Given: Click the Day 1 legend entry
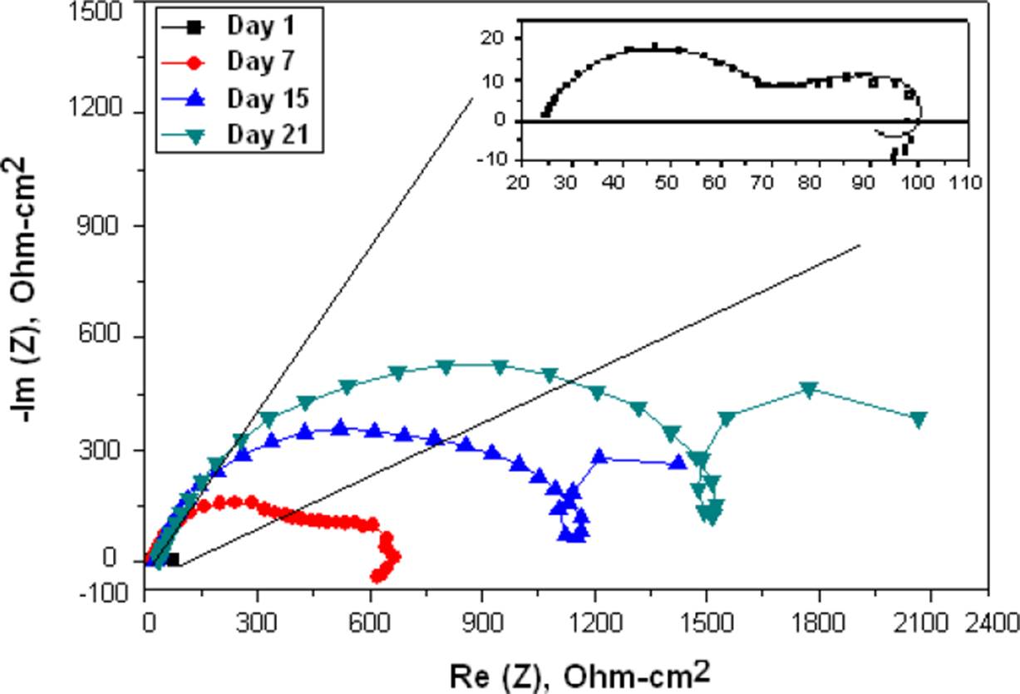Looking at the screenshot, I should pyautogui.click(x=260, y=26).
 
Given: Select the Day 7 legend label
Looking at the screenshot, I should pyautogui.click(x=260, y=62).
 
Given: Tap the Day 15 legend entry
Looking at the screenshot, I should pyautogui.click(x=267, y=98).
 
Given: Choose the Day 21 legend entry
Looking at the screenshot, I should pyautogui.click(x=267, y=134).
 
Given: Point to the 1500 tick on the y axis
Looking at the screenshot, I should pyautogui.click(x=106, y=12).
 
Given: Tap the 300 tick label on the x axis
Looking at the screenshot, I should pyautogui.click(x=256, y=622).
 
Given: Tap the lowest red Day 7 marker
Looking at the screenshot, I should pyautogui.click(x=377, y=576).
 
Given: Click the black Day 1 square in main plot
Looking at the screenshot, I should pyautogui.click(x=172, y=559).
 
